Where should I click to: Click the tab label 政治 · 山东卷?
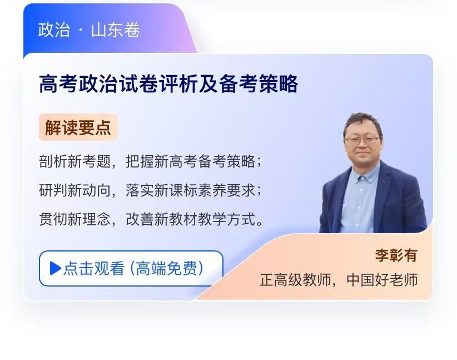[x=89, y=29]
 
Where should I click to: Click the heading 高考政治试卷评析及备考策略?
[x=168, y=83]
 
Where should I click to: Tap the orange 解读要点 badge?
[x=78, y=127]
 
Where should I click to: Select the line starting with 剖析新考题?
[x=151, y=161]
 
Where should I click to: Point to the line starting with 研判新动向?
[x=151, y=190]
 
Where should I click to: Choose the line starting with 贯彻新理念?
[x=151, y=219]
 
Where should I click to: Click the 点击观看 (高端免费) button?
[x=131, y=268]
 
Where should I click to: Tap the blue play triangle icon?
[x=55, y=268]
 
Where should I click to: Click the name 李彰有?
[x=396, y=255]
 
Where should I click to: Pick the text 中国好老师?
[x=382, y=280]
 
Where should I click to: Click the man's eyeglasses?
[x=362, y=140]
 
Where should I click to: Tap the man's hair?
[x=362, y=122]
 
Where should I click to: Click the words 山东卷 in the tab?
[x=116, y=29]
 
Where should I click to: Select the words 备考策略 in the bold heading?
[x=259, y=83]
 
